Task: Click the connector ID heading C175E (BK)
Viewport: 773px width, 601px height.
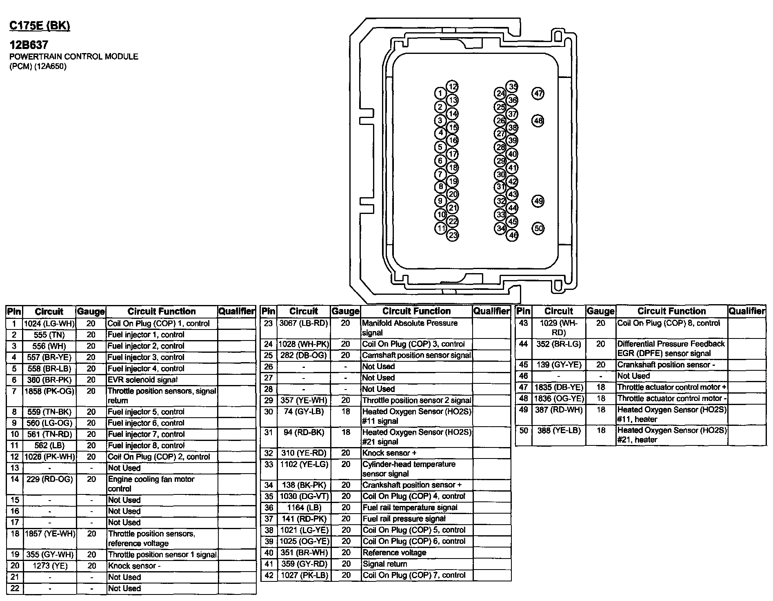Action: pos(40,26)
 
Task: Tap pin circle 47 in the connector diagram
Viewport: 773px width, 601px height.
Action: pos(538,93)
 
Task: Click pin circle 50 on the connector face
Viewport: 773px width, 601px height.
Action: pos(538,228)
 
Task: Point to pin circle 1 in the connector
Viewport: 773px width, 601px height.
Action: pos(440,93)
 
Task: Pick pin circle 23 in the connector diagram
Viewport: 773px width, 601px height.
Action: pos(453,235)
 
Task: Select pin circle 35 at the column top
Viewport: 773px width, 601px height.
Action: pos(512,87)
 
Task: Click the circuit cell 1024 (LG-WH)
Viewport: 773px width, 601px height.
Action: pos(49,324)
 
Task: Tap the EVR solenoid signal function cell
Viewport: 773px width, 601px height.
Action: pos(142,380)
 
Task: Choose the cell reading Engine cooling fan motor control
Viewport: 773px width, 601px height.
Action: pos(151,484)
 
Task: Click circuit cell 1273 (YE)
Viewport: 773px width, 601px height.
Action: pos(49,566)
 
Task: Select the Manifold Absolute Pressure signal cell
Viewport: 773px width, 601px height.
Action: pos(410,328)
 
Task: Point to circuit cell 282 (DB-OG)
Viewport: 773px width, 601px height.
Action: pos(303,356)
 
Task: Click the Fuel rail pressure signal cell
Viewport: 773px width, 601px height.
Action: pos(404,519)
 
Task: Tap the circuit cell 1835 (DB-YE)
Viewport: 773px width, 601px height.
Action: pos(559,387)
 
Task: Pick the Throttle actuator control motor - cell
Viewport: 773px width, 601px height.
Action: pos(671,398)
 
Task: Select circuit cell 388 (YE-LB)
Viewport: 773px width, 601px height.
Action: pos(559,431)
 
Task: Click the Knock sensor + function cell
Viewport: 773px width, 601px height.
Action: pos(389,453)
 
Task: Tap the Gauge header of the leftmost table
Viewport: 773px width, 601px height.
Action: pos(91,312)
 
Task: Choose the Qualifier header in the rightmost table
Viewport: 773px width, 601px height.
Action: pos(747,311)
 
